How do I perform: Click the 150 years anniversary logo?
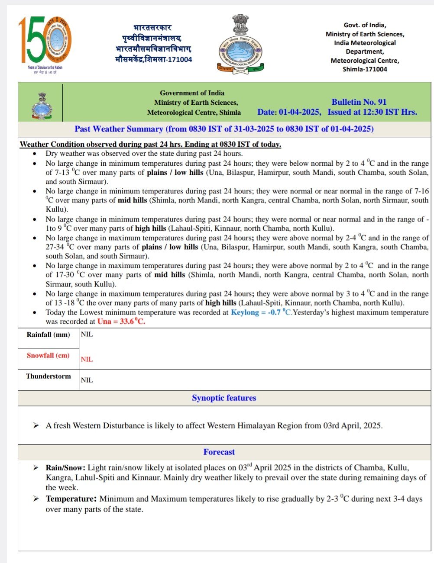pos(45,43)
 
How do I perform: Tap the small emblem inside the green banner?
pos(42,106)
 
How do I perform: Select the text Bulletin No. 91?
pos(359,102)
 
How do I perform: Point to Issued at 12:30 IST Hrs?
pos(372,112)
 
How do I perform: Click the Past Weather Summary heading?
pos(224,129)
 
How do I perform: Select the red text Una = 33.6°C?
pos(121,322)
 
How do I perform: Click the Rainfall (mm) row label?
pos(48,335)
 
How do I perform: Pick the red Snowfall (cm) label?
pos(48,355)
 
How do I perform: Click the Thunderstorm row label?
pos(48,376)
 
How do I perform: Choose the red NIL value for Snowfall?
pos(87,359)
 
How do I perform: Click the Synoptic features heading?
pos(224,398)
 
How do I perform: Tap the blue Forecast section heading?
pos(219,452)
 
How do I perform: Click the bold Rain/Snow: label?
pos(66,468)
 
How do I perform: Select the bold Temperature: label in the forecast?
pos(71,499)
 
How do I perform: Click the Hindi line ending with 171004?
pos(153,59)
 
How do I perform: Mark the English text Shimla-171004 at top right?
pos(365,69)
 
